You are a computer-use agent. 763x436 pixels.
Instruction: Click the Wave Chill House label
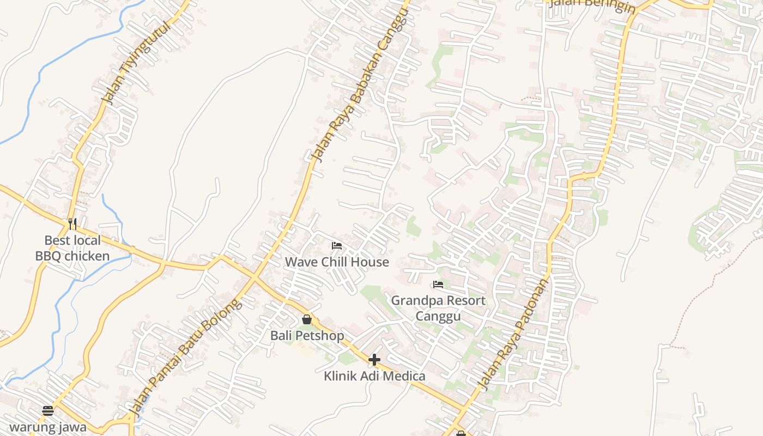pos(337,262)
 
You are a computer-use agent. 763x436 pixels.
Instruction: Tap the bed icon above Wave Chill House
pos(337,246)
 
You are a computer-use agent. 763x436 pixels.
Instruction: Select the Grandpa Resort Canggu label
pos(438,308)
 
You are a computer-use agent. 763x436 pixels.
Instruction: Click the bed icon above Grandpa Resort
pos(438,284)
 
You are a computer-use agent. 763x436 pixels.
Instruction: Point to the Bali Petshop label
pos(307,335)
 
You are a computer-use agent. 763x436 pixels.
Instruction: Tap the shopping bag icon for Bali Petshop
pos(307,319)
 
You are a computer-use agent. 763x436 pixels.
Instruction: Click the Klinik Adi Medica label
pos(374,376)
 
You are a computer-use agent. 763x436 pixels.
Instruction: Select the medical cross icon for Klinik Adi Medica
pos(374,360)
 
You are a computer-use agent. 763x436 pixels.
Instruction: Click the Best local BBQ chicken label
pos(72,248)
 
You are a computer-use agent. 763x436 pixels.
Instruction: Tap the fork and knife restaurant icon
pos(72,223)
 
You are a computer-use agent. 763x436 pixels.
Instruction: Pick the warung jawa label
pos(48,427)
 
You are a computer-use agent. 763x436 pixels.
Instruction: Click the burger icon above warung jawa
pos(48,411)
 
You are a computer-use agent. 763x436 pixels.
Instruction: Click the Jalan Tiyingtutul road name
pos(124,65)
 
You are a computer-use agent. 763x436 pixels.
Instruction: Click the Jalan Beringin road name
pos(592,5)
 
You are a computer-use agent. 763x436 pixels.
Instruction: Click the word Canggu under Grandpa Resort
pos(438,316)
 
